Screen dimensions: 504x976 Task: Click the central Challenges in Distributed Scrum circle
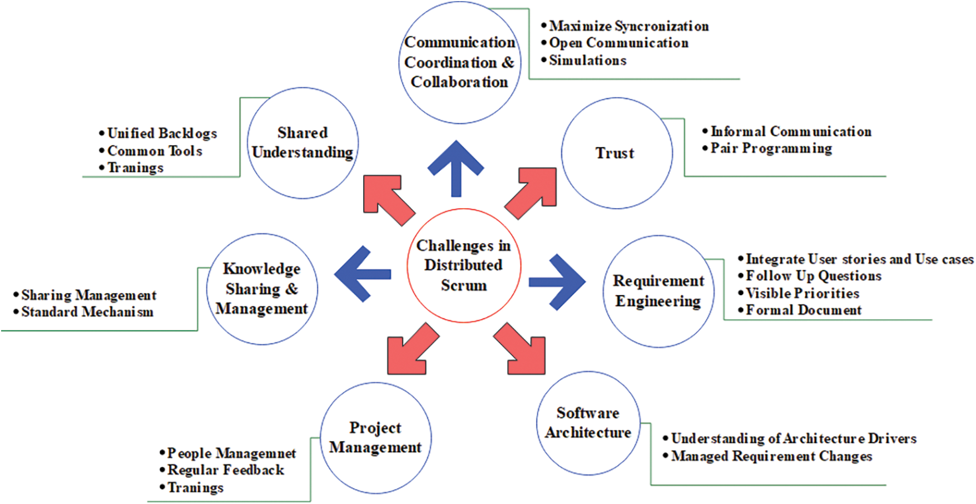(463, 265)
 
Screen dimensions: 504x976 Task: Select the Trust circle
(616, 153)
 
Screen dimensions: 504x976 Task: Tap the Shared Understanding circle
(303, 143)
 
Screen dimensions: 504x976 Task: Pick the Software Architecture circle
(588, 423)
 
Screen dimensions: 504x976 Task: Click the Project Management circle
(375, 438)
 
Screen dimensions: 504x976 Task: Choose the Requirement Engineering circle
(658, 291)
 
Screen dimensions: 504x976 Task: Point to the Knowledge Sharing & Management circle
(262, 289)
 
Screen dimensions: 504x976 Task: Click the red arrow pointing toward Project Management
(412, 351)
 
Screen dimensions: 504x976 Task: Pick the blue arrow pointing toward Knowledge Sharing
(362, 274)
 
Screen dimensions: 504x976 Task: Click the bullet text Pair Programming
(771, 149)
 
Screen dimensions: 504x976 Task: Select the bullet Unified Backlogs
(161, 134)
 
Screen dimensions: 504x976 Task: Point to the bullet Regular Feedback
(225, 470)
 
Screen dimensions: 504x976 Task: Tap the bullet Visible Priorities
(802, 293)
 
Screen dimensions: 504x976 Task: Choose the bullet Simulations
(587, 60)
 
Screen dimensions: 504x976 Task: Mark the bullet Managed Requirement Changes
(771, 456)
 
